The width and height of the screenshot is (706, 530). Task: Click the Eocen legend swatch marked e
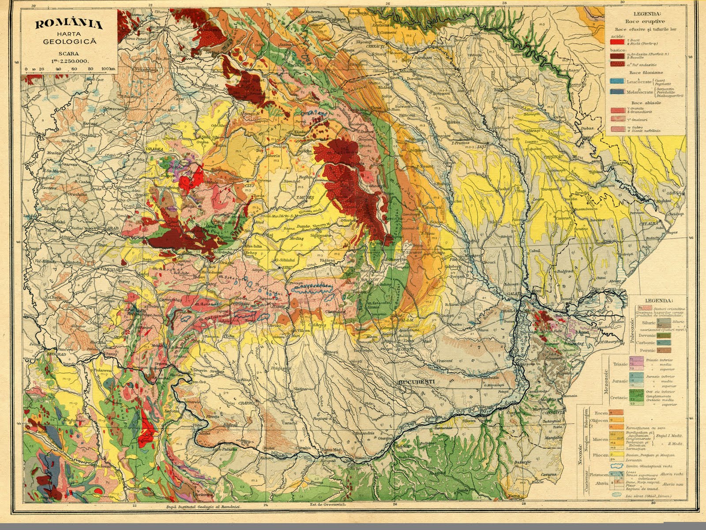614,413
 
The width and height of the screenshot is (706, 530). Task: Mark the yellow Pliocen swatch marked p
614,455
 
